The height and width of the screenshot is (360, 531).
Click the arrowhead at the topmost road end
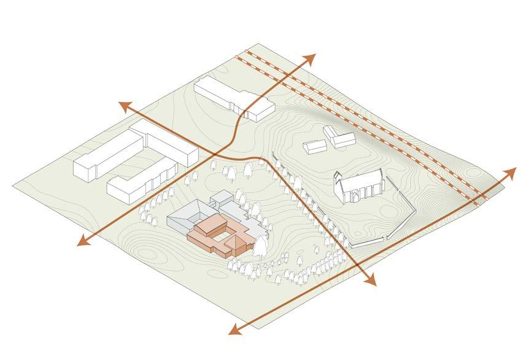[x=311, y=58]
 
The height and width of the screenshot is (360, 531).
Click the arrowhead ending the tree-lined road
[x=370, y=281]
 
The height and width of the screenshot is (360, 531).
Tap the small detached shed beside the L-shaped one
[x=315, y=147]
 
